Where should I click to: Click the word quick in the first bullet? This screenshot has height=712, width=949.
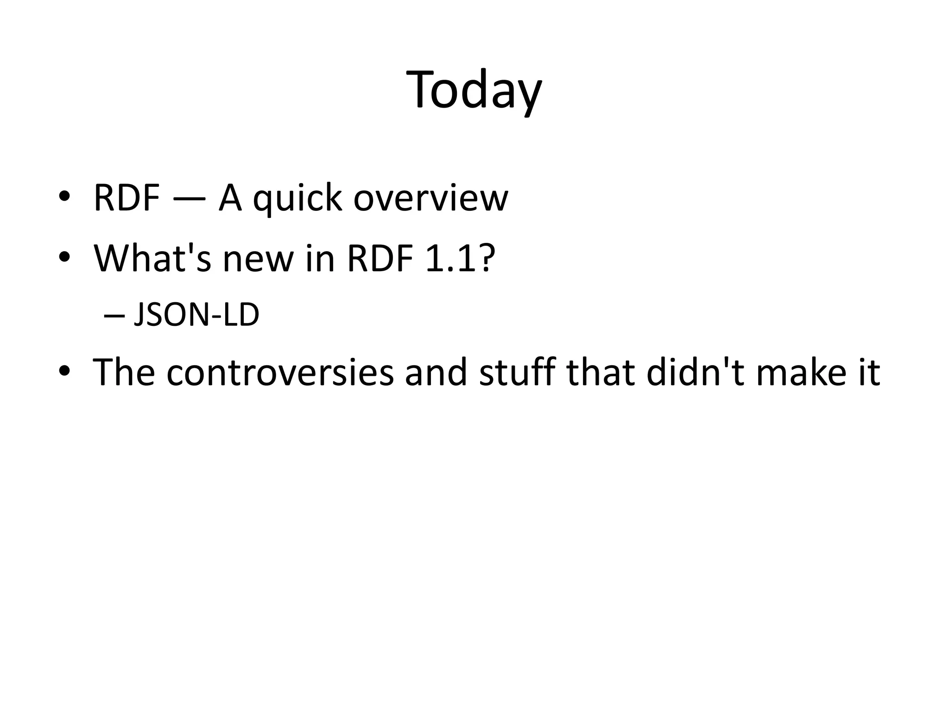click(297, 199)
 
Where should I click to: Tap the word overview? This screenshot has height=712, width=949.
click(430, 199)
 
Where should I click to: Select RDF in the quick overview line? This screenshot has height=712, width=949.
click(127, 198)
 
